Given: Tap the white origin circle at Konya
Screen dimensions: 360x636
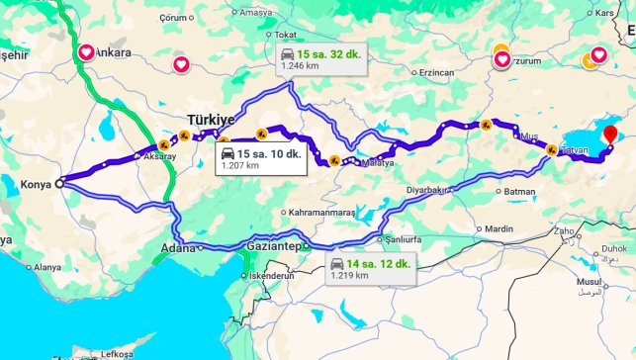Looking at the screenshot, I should click(59, 183).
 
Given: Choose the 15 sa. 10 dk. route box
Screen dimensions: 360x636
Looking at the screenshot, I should click(260, 159).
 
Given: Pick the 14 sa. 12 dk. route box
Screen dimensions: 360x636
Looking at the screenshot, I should click(366, 268).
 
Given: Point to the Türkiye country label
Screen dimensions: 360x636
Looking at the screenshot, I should click(211, 119).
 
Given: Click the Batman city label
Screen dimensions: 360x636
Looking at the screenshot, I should click(519, 191).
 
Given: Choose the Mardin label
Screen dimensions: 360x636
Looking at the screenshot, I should click(499, 229).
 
